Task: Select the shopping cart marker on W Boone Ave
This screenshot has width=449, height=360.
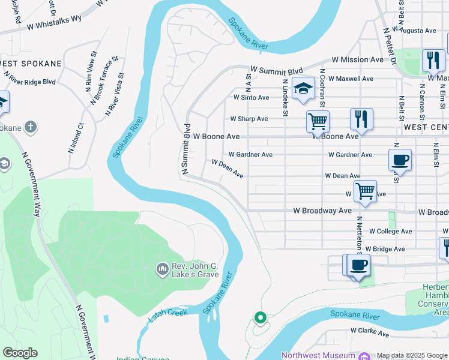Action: (318, 121)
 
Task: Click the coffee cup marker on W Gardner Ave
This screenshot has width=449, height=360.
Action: (400, 160)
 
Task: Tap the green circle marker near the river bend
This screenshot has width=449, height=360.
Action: (260, 317)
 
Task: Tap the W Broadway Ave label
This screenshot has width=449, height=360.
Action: (322, 211)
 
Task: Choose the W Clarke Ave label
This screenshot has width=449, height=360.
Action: (370, 331)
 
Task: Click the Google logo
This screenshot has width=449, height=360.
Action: (20, 353)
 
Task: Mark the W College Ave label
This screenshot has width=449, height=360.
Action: (390, 231)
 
